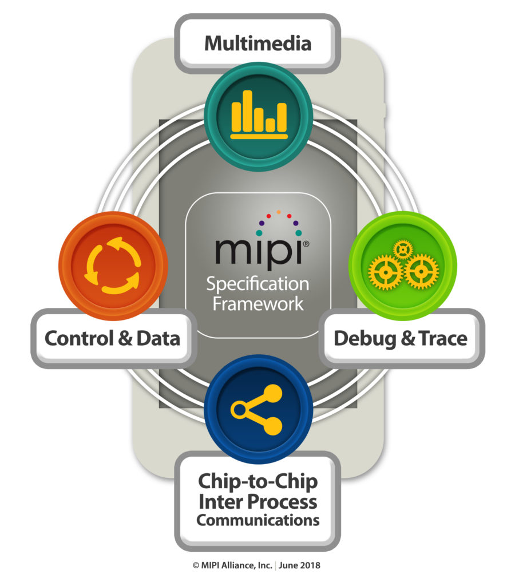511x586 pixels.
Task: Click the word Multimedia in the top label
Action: pyautogui.click(x=258, y=43)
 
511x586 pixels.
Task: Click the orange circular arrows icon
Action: pyautogui.click(x=112, y=265)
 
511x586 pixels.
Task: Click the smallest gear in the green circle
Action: pyautogui.click(x=403, y=249)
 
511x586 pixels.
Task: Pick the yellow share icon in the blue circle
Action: pyautogui.click(x=259, y=409)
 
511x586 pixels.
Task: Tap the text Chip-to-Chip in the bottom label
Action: pyautogui.click(x=258, y=481)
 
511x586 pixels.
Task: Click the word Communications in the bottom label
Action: pyautogui.click(x=258, y=521)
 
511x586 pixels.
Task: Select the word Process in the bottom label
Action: pyautogui.click(x=284, y=501)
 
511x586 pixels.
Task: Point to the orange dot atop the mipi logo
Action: pyautogui.click(x=279, y=212)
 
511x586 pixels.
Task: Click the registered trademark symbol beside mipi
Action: pyautogui.click(x=306, y=244)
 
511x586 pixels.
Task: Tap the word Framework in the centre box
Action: pyautogui.click(x=258, y=303)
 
